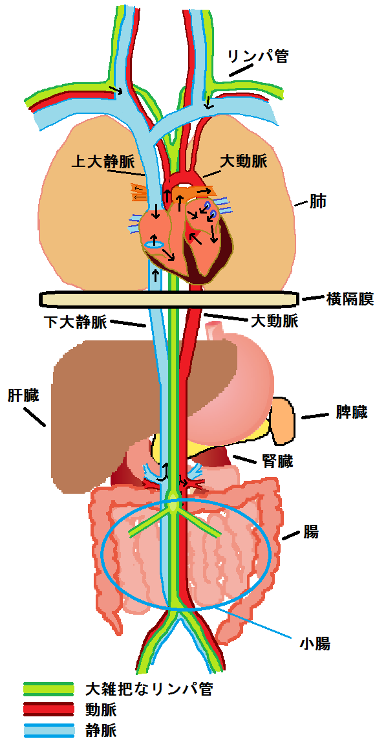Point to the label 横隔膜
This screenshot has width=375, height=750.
(x=350, y=299)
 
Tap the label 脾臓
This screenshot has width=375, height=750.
(x=349, y=412)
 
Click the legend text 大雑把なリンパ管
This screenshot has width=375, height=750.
(x=148, y=689)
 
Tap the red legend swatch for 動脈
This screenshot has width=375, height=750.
(x=48, y=709)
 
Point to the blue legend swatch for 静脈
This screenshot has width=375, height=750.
(x=48, y=731)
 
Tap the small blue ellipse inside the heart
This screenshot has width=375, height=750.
(x=155, y=245)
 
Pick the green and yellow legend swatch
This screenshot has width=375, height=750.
(x=48, y=689)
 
